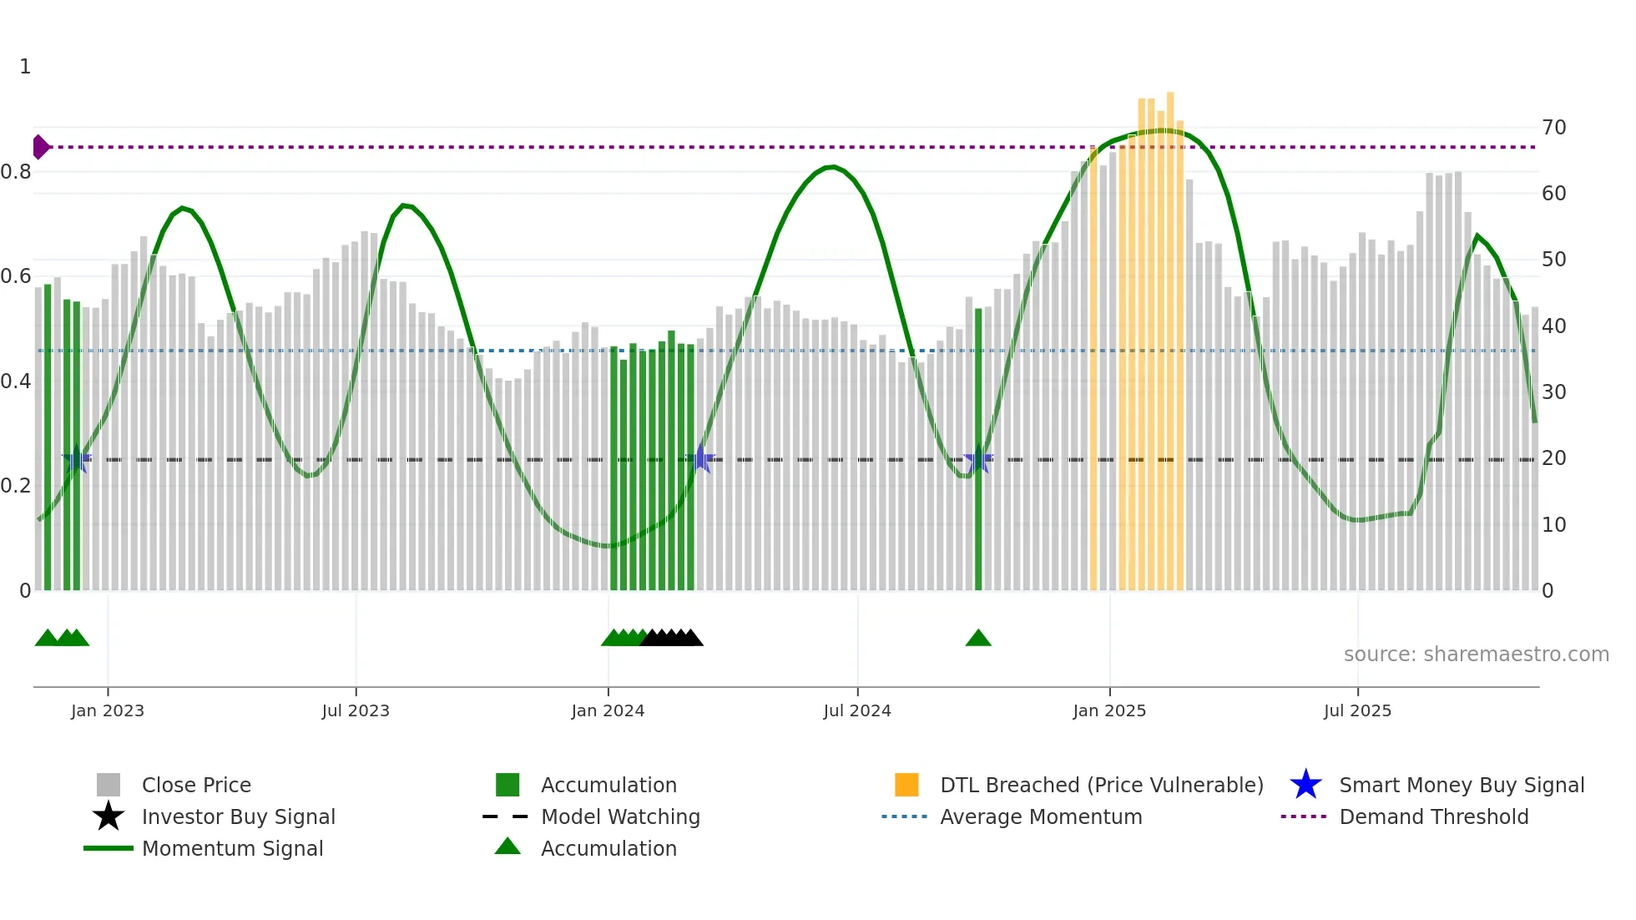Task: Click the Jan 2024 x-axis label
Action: pos(608,710)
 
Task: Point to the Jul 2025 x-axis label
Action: pos(1357,710)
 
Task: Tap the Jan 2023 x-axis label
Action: pos(108,710)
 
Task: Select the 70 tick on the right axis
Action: pos(1553,128)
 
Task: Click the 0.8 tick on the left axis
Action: pos(16,172)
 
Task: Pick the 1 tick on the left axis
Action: pos(25,67)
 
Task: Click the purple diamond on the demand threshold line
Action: pos(40,147)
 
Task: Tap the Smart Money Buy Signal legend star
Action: pos(1305,785)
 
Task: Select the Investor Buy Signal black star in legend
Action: pos(109,816)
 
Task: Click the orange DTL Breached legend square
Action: pos(906,785)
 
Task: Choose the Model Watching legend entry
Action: pos(620,816)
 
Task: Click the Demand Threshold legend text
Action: pos(1433,816)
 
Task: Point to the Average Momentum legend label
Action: pos(1040,816)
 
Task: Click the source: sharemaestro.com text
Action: pos(1476,655)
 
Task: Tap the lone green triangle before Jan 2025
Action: pos(978,639)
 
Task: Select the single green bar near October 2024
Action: pos(978,451)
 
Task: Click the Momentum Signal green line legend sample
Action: pos(109,848)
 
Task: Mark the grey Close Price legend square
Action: pos(109,785)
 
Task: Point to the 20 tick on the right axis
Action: pos(1553,458)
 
